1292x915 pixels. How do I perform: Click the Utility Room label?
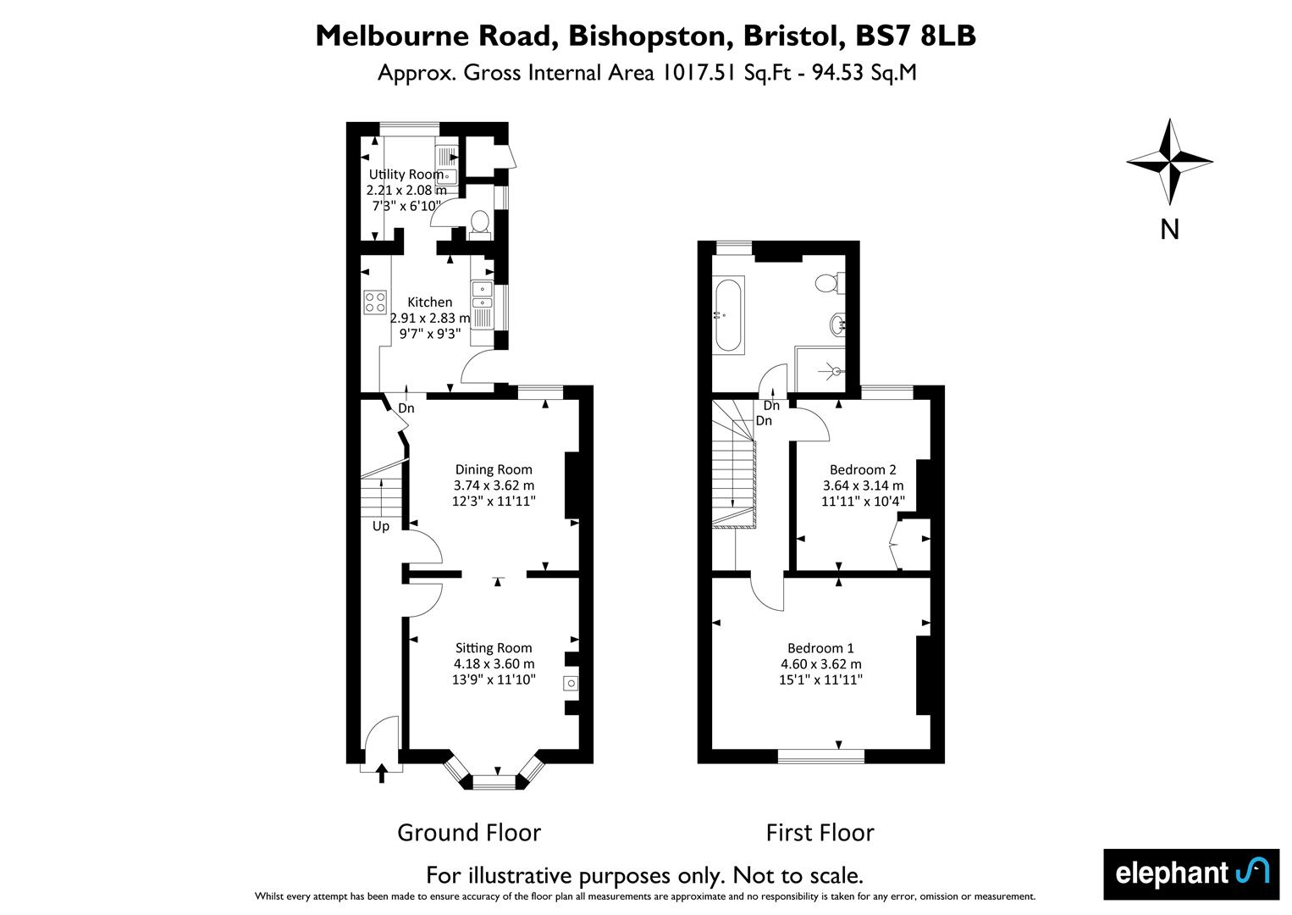(406, 174)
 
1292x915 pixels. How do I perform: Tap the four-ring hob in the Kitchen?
(375, 302)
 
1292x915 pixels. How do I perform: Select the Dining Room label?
(494, 469)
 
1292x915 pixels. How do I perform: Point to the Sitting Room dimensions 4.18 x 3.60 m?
(494, 664)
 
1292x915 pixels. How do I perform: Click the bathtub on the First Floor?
(728, 315)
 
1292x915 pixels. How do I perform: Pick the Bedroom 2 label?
(863, 469)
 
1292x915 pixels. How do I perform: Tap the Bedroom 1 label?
(820, 648)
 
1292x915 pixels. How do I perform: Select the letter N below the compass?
(1170, 230)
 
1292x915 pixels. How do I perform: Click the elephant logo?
(1191, 874)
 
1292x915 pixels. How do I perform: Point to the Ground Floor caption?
(469, 833)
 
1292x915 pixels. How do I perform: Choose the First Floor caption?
(820, 833)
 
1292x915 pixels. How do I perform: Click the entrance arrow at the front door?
(381, 773)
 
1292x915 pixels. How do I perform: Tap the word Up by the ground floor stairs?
(381, 526)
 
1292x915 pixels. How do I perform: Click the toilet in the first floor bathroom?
(830, 282)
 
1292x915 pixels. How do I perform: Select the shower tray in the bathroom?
(820, 369)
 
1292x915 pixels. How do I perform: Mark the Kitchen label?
(430, 302)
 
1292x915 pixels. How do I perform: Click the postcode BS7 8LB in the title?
(916, 36)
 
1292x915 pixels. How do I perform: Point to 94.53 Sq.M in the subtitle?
(864, 74)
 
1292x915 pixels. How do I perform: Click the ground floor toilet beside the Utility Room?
(480, 224)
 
